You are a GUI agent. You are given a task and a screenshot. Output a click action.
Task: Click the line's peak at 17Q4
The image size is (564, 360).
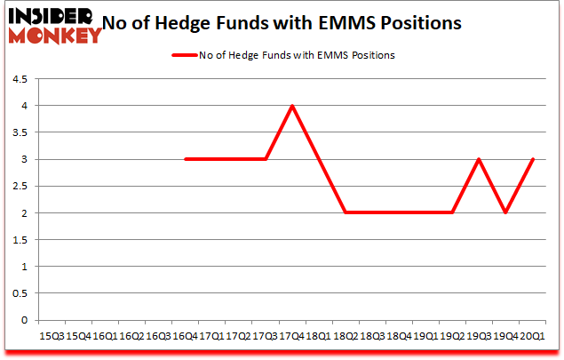click(x=292, y=106)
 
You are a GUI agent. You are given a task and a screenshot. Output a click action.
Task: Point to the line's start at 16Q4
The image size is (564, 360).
click(x=185, y=159)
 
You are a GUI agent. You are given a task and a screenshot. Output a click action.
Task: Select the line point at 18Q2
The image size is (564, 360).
click(x=346, y=213)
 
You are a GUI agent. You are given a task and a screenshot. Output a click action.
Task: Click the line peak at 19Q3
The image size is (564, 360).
click(x=480, y=159)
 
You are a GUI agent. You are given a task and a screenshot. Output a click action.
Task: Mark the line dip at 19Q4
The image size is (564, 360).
click(x=506, y=213)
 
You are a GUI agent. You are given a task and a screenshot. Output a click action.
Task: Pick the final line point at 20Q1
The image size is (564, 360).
click(x=533, y=159)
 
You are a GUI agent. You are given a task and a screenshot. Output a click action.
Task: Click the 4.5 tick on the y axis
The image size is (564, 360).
click(x=20, y=79)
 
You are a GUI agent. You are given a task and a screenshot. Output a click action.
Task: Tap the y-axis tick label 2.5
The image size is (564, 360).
click(x=20, y=187)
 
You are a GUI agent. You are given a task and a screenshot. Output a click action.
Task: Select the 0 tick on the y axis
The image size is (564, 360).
click(x=25, y=320)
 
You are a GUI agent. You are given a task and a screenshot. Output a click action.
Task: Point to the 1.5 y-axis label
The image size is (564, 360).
click(x=20, y=240)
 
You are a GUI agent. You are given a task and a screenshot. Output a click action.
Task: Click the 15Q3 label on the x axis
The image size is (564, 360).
click(x=51, y=337)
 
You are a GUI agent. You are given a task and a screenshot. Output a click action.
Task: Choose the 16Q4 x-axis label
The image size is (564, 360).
click(x=185, y=337)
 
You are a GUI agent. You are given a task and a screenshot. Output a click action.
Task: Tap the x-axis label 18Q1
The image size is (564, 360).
click(x=319, y=337)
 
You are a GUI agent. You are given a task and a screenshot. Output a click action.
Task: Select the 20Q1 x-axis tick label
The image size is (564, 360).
click(x=533, y=337)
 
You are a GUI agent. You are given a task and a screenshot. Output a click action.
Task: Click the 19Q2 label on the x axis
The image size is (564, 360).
click(x=453, y=337)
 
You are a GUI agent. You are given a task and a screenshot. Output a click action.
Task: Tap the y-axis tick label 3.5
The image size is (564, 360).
click(x=20, y=132)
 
